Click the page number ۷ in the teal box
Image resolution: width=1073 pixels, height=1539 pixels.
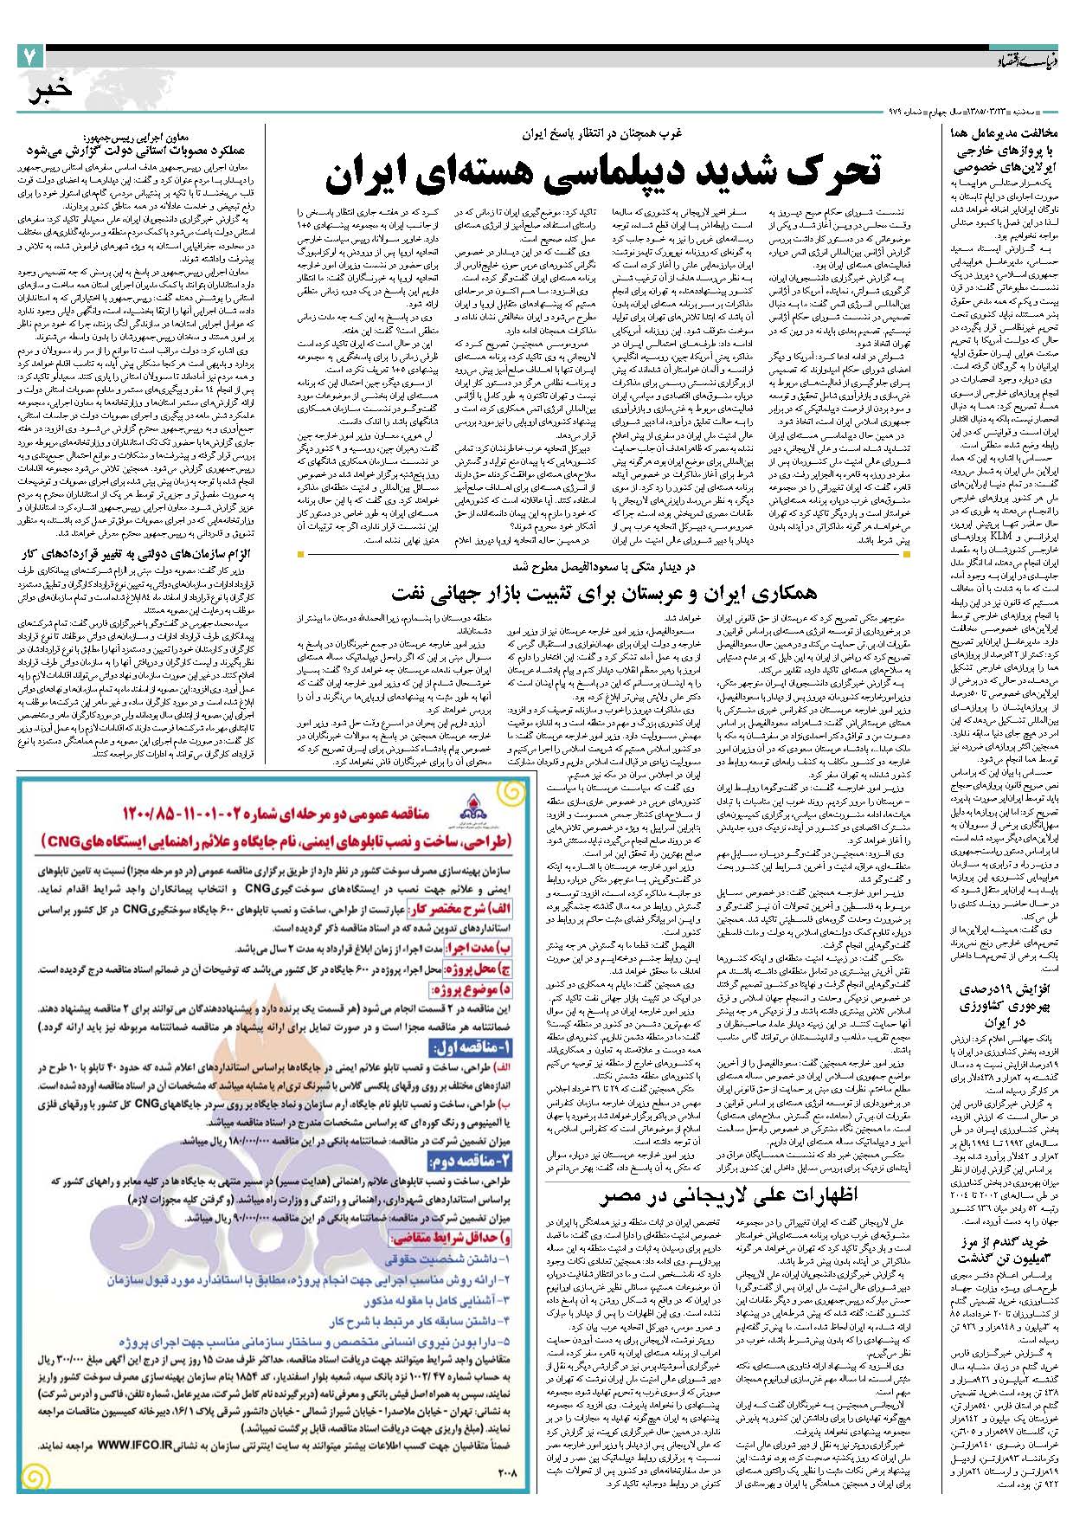click(x=29, y=57)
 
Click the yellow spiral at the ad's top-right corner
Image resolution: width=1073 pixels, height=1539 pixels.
click(x=511, y=795)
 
